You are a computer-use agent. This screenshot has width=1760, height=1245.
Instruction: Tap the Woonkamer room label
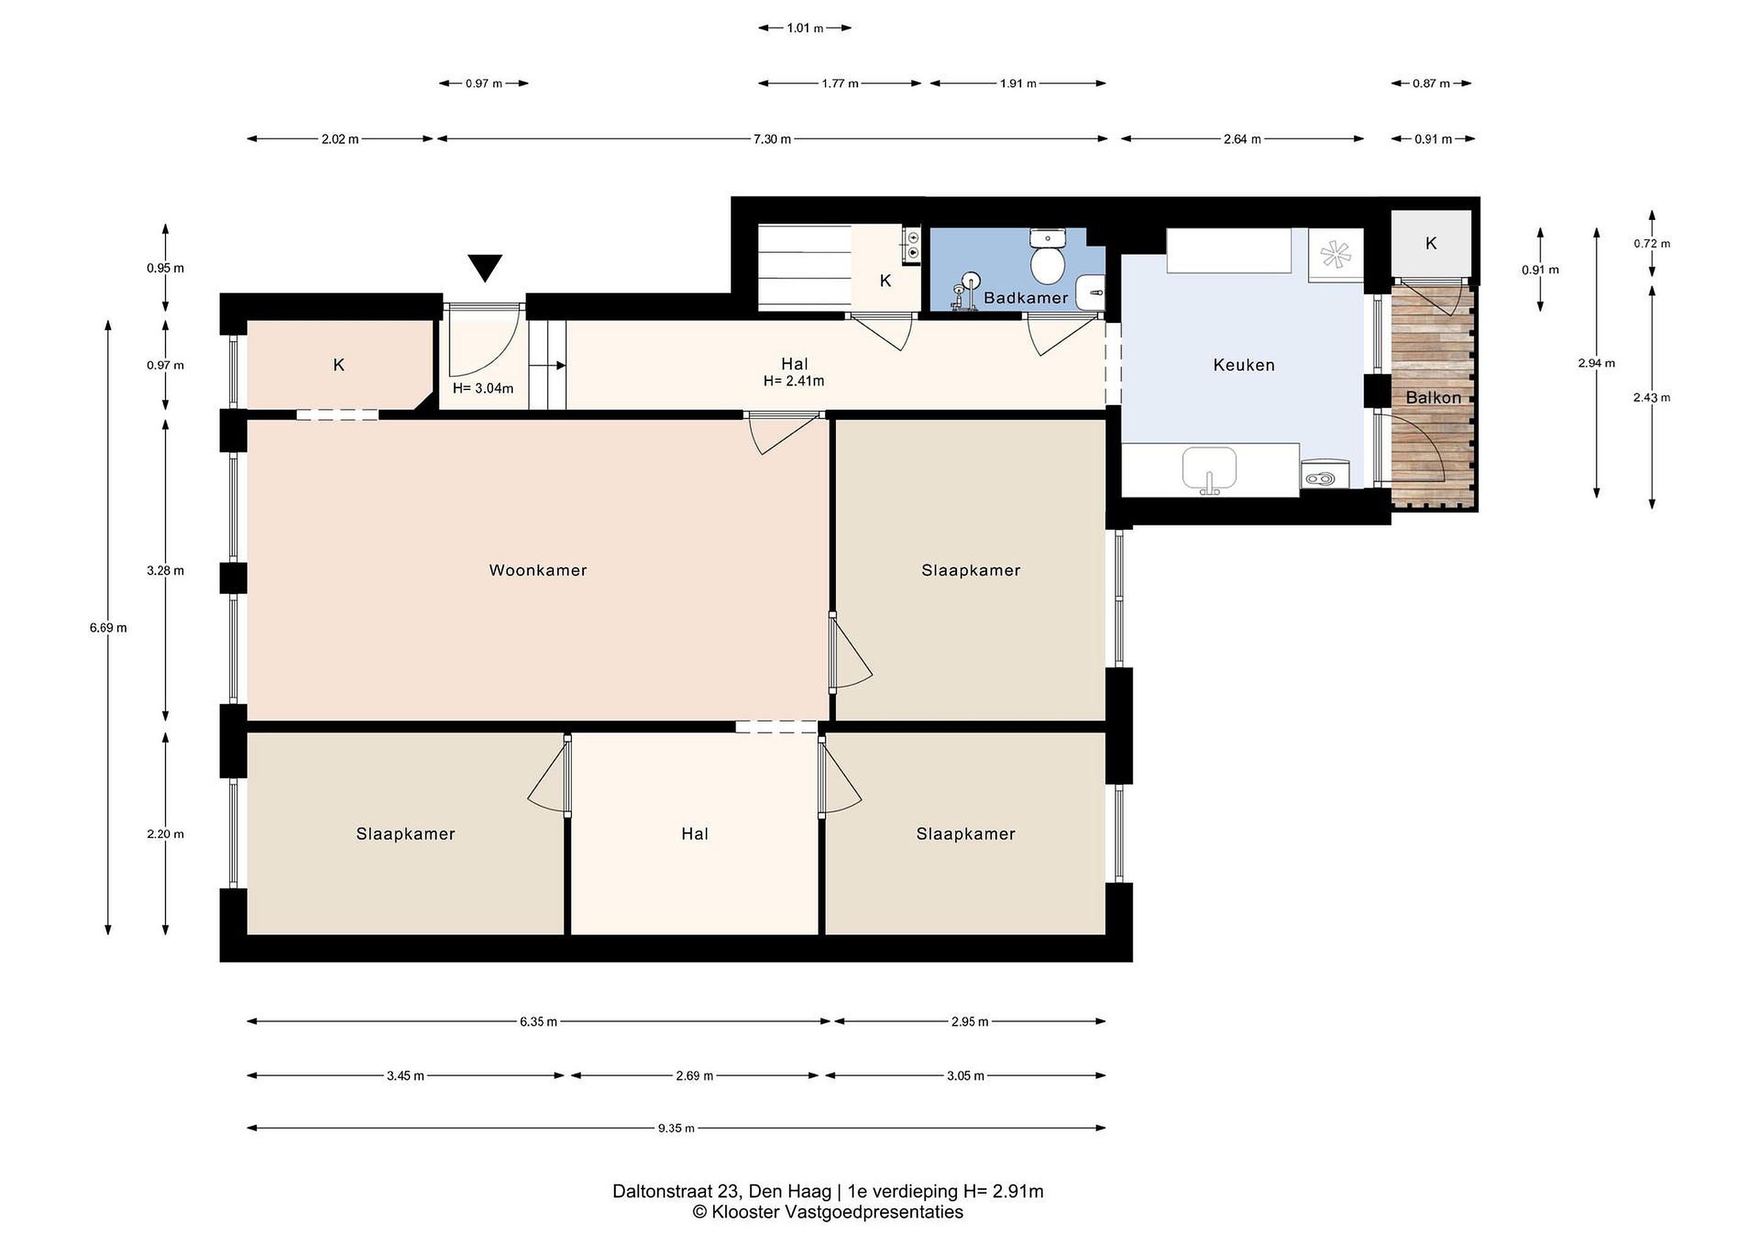(x=538, y=570)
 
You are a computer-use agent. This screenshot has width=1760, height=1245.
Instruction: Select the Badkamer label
(x=1025, y=298)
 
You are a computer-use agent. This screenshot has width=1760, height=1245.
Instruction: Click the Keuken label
(x=1244, y=365)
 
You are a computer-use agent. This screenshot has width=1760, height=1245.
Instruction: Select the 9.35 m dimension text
(x=676, y=1128)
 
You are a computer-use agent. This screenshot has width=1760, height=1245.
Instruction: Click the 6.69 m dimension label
(x=108, y=628)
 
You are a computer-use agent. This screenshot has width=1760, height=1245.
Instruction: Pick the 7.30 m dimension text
(x=772, y=139)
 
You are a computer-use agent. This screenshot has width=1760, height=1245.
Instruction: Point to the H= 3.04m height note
(x=483, y=388)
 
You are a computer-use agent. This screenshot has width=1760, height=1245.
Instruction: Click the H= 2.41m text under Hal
(x=794, y=380)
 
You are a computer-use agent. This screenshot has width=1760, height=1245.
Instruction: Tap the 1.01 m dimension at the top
(x=805, y=28)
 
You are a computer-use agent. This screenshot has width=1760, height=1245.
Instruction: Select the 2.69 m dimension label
(x=694, y=1076)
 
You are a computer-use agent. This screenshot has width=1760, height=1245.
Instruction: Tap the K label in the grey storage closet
(x=1431, y=243)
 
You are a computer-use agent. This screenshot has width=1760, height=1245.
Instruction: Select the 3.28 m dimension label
(x=166, y=570)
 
